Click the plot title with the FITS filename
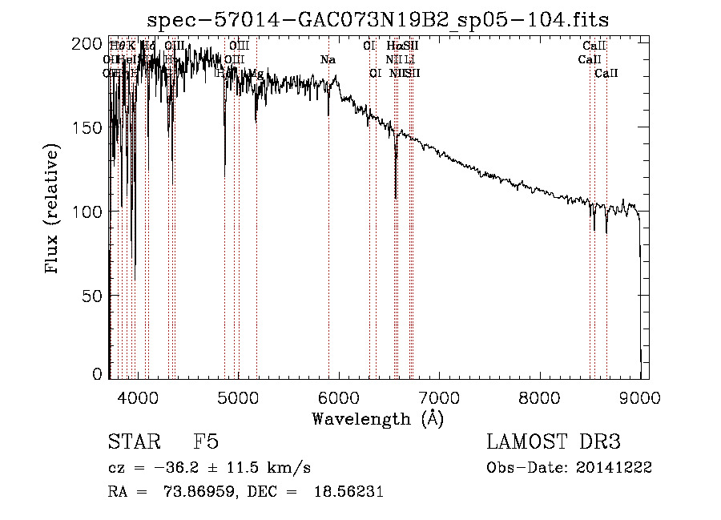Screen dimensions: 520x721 click(x=384, y=19)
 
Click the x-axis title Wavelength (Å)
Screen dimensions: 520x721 click(x=377, y=418)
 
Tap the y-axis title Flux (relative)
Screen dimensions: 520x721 click(x=53, y=210)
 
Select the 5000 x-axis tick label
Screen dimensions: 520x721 click(x=238, y=397)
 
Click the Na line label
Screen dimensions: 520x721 click(x=328, y=59)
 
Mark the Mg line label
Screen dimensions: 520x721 click(x=256, y=74)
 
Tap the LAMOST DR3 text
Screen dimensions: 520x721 click(x=554, y=443)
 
